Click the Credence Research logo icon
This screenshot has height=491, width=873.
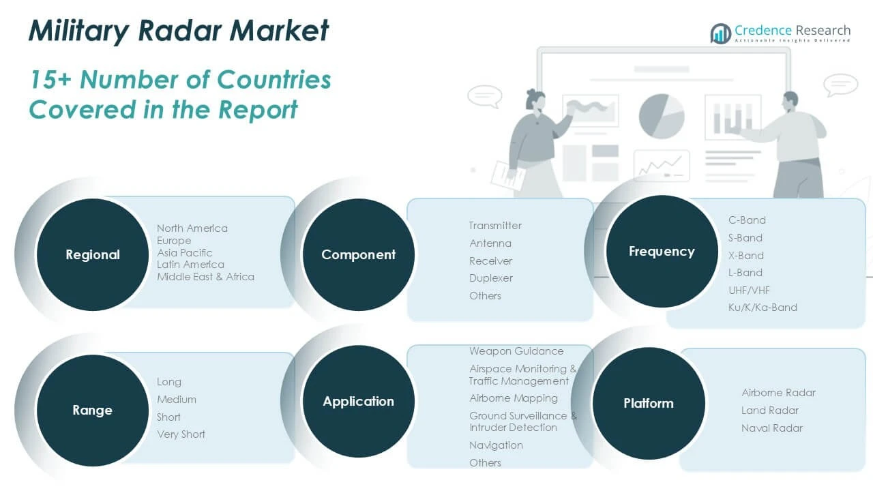pos(721,33)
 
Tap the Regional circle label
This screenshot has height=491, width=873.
pos(93,255)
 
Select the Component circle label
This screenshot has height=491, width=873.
pos(359,255)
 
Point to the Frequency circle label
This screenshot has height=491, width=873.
pos(662,252)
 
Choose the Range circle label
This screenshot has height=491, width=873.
pos(92,411)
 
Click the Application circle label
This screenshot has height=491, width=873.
pos(359,402)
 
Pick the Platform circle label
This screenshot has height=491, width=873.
pos(649,403)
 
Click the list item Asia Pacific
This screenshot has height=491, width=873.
pos(185,253)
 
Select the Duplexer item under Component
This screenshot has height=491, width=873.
pos(491,278)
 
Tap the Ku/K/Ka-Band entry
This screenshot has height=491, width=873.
pos(763,308)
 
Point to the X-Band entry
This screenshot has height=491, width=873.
pos(746,256)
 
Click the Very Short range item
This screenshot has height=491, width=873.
pos(181,434)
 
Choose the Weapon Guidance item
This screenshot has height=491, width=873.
pos(516,351)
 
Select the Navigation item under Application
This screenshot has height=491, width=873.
pos(496,445)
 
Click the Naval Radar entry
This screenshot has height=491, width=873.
pos(772,428)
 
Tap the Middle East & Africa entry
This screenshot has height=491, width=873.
pos(205,277)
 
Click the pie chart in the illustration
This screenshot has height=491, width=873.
pos(662,116)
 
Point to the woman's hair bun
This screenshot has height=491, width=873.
pos(531,93)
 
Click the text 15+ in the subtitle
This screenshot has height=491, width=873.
pos(50,80)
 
